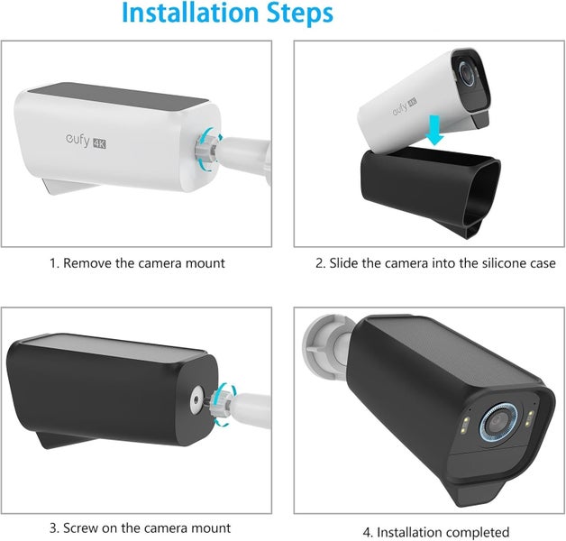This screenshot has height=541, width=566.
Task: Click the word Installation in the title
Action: point(190,13)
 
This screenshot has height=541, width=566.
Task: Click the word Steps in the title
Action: point(299,14)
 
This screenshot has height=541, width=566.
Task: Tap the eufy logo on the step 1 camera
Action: point(78,140)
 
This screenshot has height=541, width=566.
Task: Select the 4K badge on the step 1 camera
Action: point(99,143)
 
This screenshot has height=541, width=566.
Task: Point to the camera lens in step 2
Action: point(467,73)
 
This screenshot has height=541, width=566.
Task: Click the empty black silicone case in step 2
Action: point(431,191)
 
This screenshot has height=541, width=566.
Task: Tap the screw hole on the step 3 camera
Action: point(196,399)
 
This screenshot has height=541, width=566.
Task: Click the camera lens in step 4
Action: point(498,422)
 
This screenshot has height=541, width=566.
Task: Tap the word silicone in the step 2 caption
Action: point(505,263)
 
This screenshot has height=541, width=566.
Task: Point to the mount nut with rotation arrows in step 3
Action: point(224,405)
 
